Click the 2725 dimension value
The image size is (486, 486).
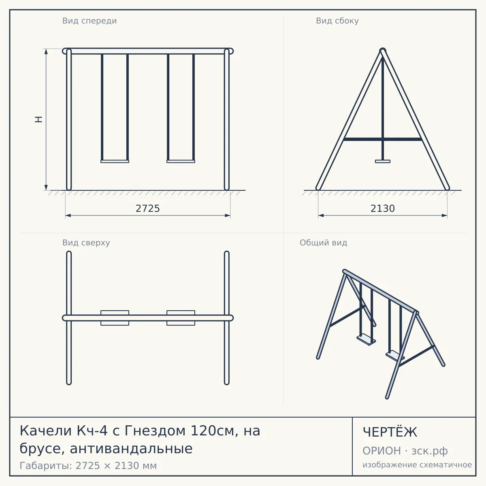pyautogui.click(x=147, y=208)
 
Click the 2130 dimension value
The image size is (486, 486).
pyautogui.click(x=382, y=208)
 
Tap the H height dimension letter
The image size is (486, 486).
pyautogui.click(x=38, y=119)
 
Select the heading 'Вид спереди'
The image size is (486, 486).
pyautogui.click(x=90, y=21)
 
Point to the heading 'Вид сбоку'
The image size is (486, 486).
pyautogui.click(x=337, y=21)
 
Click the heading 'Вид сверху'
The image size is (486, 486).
pyautogui.click(x=86, y=243)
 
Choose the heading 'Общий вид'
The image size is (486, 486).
pyautogui.click(x=323, y=243)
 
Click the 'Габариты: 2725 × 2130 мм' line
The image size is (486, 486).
pyautogui.click(x=88, y=466)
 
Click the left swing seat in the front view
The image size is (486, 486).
pyautogui.click(x=115, y=162)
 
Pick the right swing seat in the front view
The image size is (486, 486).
pyautogui.click(x=181, y=162)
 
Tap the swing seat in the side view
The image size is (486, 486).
pyautogui.click(x=383, y=162)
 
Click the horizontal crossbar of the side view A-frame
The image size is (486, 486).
pyautogui.click(x=383, y=139)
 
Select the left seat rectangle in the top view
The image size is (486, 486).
pyautogui.click(x=115, y=318)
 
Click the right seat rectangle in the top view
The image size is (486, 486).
pyautogui.click(x=181, y=318)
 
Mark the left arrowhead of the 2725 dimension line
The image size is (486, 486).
pyautogui.click(x=68, y=215)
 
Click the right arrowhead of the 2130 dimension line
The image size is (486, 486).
pyautogui.click(x=444, y=215)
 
